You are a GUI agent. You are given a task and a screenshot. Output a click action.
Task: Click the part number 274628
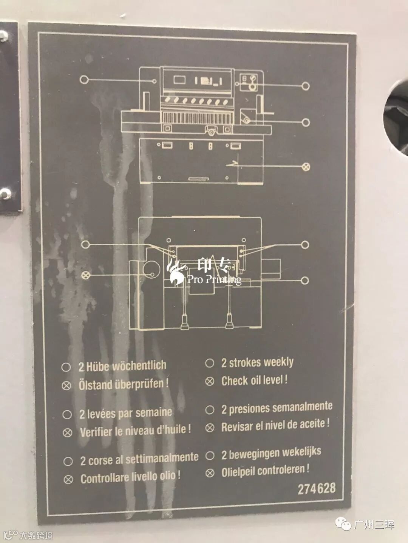(317, 489)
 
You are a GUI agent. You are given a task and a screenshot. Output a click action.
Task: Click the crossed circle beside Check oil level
(210, 381)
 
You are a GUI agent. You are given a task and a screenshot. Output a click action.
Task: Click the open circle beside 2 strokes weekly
(210, 363)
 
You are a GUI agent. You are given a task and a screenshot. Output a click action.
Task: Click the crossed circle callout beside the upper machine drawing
(306, 167)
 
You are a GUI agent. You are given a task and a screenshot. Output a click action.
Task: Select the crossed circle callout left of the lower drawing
(86, 275)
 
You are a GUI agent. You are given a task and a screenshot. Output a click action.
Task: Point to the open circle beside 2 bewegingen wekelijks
(210, 456)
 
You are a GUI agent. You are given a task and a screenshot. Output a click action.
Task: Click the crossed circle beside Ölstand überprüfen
(66, 386)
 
